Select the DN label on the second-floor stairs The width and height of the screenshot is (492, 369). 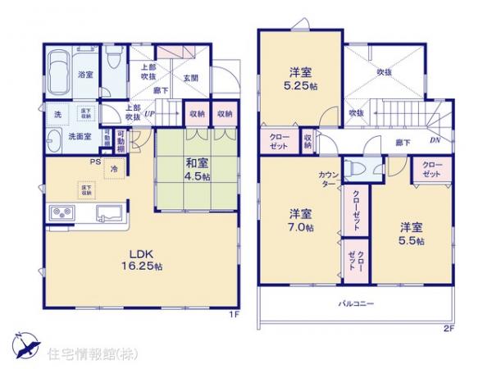tap(434, 140)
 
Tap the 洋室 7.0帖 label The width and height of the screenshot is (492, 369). tap(299, 219)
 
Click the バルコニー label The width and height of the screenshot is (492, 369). tap(357, 303)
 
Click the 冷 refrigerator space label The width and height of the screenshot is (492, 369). tap(114, 171)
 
